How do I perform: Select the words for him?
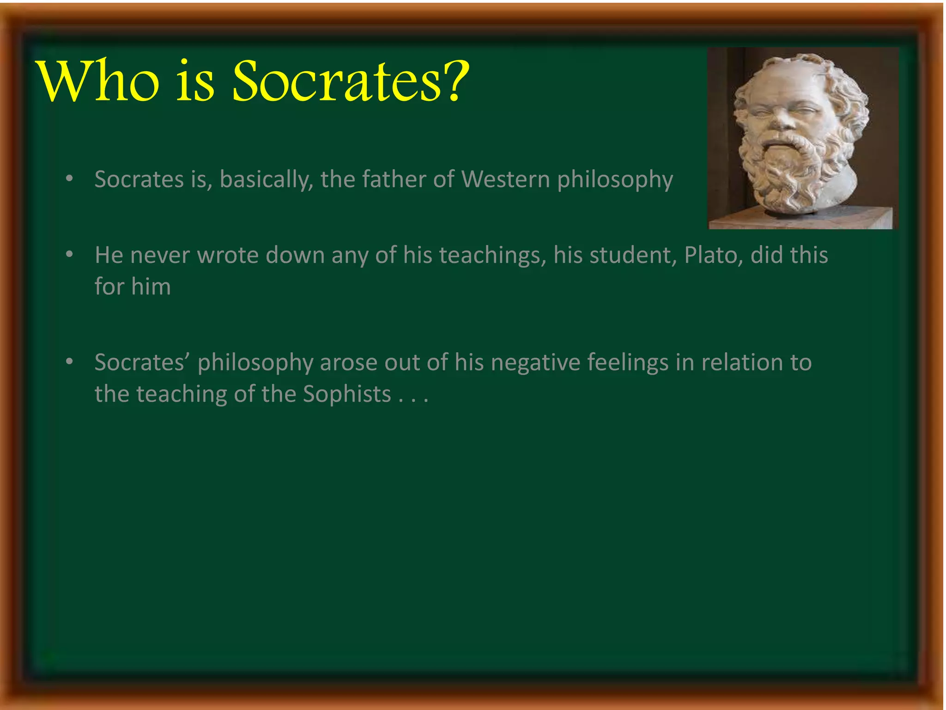click(133, 287)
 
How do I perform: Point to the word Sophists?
click(347, 394)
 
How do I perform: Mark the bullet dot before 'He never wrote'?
click(69, 254)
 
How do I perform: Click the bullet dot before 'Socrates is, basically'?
click(69, 178)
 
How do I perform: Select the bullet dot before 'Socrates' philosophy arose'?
click(69, 361)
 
